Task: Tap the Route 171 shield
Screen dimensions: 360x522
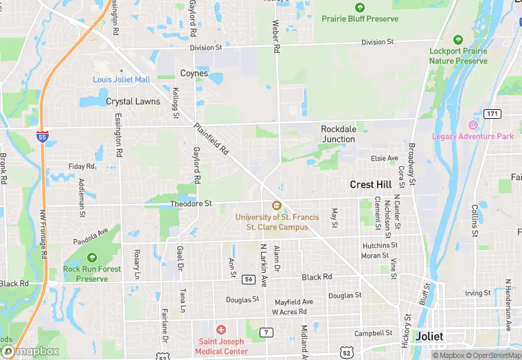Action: pyautogui.click(x=492, y=113)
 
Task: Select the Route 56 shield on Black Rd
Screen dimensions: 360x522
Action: pyautogui.click(x=249, y=278)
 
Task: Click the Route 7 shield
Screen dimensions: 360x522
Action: pyautogui.click(x=265, y=332)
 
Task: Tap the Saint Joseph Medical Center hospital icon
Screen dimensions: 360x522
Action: pyautogui.click(x=220, y=330)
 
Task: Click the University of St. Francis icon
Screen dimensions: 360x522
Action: pyautogui.click(x=277, y=205)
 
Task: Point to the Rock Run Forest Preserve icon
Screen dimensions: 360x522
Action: pyautogui.click(x=92, y=258)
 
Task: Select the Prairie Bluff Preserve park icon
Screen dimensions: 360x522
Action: pyautogui.click(x=360, y=7)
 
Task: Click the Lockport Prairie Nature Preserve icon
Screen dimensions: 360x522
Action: pyautogui.click(x=458, y=40)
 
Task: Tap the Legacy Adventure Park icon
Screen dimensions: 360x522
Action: pyautogui.click(x=473, y=125)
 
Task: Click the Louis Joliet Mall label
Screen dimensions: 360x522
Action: pyautogui.click(x=122, y=80)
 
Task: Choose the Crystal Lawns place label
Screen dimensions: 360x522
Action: pyautogui.click(x=133, y=101)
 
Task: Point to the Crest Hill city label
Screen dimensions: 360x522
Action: pyautogui.click(x=371, y=184)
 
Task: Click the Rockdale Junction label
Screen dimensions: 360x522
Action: pyautogui.click(x=339, y=133)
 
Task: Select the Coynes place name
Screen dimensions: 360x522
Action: pyautogui.click(x=194, y=73)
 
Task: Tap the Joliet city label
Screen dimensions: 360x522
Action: pyautogui.click(x=429, y=337)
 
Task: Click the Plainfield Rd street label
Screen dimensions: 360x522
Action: pyautogui.click(x=212, y=138)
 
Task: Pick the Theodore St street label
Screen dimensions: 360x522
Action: pyautogui.click(x=191, y=203)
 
